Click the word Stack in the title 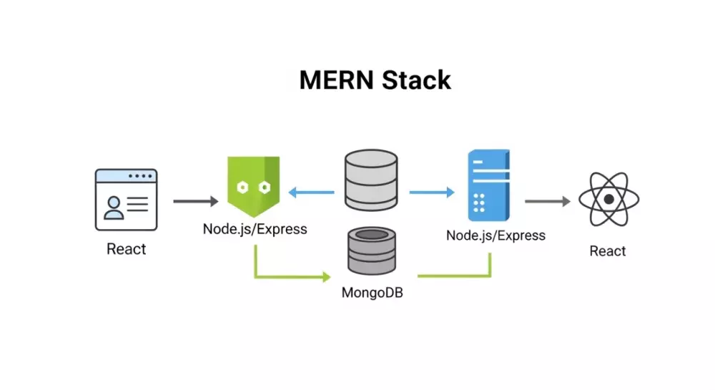click(417, 79)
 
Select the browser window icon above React click(126, 200)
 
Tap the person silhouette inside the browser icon click(113, 208)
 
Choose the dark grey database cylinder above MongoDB click(372, 250)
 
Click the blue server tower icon click(489, 185)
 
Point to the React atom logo click(608, 200)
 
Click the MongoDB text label click(373, 292)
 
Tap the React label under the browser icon click(126, 249)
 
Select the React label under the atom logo click(608, 251)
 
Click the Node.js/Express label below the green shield click(255, 230)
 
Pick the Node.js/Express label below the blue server click(495, 235)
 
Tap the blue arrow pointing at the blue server click(432, 192)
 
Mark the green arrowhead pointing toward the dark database click(327, 276)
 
